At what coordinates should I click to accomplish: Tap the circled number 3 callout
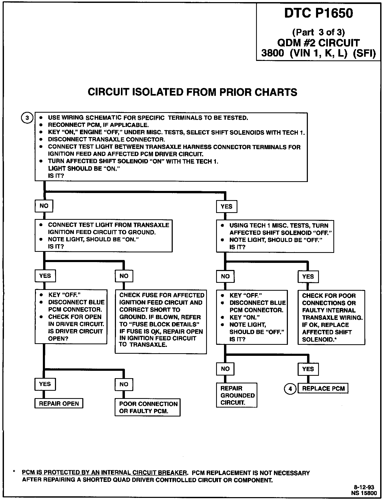(x=27, y=118)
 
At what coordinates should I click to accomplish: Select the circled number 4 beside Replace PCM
(x=290, y=389)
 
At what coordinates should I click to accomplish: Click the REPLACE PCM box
(x=323, y=389)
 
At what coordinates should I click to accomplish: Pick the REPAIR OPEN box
(x=59, y=404)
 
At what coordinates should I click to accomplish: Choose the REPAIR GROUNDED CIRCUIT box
(x=237, y=395)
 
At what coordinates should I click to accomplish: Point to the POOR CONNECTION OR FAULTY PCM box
(x=148, y=407)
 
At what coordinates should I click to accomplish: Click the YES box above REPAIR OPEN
(x=45, y=384)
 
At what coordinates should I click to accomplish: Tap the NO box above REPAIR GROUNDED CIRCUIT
(x=225, y=369)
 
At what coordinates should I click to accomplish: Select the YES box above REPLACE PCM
(x=308, y=369)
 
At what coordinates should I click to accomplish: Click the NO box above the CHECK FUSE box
(x=124, y=276)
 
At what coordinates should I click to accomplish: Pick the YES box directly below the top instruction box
(x=226, y=207)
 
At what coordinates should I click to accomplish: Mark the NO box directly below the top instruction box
(x=44, y=206)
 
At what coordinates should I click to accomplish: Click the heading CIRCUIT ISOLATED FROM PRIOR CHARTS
(x=192, y=92)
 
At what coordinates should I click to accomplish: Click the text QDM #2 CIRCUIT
(x=318, y=43)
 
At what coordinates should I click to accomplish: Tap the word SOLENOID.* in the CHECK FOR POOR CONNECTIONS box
(x=319, y=339)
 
